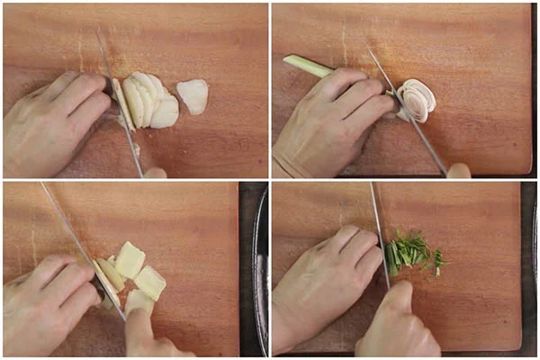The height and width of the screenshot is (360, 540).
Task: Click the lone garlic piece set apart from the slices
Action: [193, 95]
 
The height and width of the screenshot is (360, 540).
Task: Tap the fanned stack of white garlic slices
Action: [148, 101]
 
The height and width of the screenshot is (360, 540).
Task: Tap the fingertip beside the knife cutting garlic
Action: [155, 172]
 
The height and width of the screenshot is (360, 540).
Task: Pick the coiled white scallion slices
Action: [418, 99]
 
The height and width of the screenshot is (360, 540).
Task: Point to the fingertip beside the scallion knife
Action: [459, 170]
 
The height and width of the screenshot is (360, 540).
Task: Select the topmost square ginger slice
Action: [130, 259]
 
